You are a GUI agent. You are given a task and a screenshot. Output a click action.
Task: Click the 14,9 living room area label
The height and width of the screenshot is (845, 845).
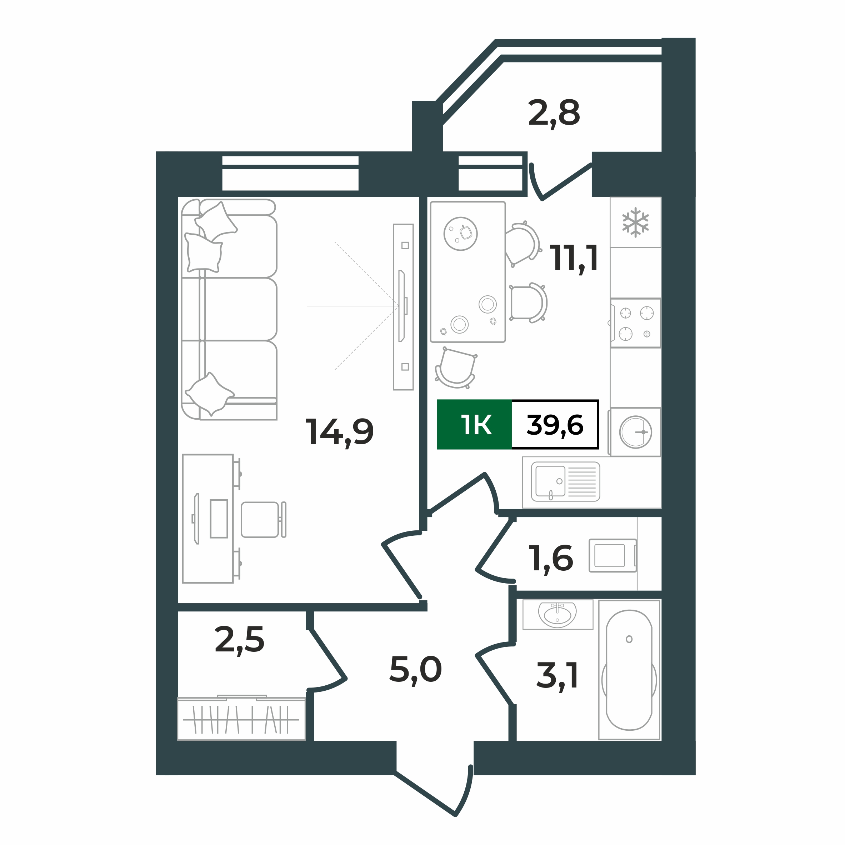click(x=339, y=432)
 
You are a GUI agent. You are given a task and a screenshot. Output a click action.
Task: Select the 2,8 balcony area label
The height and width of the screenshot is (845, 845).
click(x=554, y=113)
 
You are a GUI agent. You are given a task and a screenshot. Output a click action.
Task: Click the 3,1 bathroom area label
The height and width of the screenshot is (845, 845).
click(x=557, y=676)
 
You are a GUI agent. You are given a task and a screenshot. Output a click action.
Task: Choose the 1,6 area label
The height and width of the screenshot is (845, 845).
click(x=551, y=559)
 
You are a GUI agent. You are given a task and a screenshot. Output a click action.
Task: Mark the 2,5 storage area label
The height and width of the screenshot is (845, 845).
click(x=240, y=640)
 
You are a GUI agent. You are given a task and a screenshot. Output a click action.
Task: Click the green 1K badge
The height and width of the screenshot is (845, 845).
click(x=475, y=425)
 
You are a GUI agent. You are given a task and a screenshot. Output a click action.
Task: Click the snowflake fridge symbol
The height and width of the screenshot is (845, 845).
click(x=635, y=222)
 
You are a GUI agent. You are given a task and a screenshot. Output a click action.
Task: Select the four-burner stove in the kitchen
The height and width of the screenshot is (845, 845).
click(x=635, y=323)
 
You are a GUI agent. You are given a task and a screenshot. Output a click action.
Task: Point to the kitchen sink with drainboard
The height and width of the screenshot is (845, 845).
click(x=565, y=481)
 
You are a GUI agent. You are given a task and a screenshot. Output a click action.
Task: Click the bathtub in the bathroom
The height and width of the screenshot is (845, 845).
click(x=629, y=670)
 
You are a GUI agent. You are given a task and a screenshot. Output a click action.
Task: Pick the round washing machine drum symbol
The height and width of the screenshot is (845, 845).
click(x=635, y=432)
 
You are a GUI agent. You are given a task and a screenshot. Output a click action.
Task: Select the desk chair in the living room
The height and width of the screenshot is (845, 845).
click(x=263, y=520)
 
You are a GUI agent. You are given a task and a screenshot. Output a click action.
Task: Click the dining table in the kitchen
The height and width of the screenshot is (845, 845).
click(x=468, y=272)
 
